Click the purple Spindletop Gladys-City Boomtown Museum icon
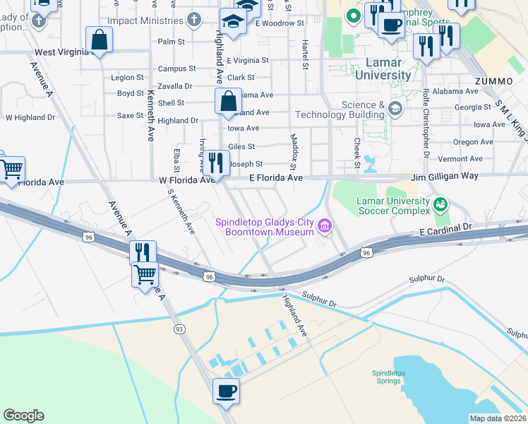click(x=325, y=226)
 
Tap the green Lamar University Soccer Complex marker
click(x=441, y=205)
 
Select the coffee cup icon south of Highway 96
click(x=226, y=391)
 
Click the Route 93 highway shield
click(x=179, y=329)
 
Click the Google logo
click(x=23, y=416)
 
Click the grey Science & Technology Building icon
click(x=394, y=107)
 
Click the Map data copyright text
click(x=498, y=418)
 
